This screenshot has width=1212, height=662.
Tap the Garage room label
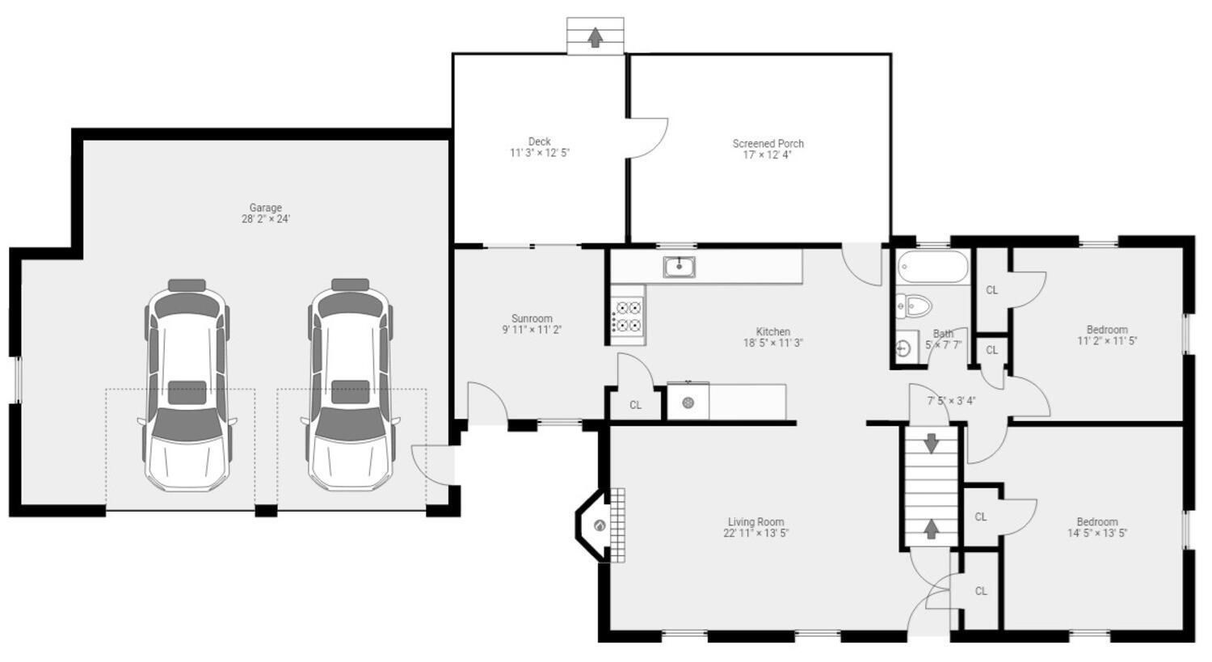click(265, 208)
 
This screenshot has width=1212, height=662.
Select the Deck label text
click(539, 141)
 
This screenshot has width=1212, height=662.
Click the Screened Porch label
click(768, 144)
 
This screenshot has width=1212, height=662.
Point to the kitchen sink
click(680, 266)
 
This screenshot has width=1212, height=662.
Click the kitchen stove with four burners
click(628, 315)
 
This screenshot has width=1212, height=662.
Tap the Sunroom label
click(532, 318)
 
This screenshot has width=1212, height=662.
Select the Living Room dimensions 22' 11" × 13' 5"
click(756, 533)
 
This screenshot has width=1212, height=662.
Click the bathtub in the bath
click(932, 266)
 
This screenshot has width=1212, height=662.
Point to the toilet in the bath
click(915, 306)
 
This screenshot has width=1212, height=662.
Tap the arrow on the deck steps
click(595, 37)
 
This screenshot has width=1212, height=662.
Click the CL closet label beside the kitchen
click(635, 405)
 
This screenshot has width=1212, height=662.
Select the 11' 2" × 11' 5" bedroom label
click(1106, 341)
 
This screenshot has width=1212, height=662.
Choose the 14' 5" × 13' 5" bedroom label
click(1096, 533)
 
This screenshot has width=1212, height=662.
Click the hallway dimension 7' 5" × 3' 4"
click(951, 400)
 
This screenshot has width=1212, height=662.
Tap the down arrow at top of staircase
click(931, 443)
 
